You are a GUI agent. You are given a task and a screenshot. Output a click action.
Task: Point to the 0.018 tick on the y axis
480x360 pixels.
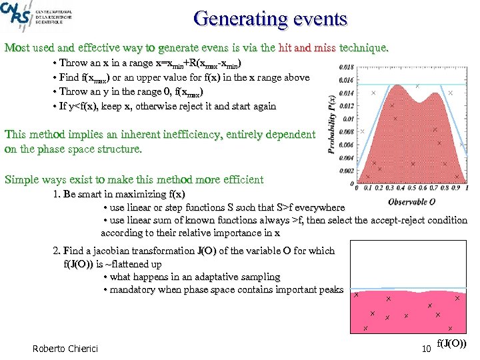(x=347, y=67)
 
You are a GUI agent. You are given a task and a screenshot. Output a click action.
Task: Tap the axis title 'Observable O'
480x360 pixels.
(x=413, y=201)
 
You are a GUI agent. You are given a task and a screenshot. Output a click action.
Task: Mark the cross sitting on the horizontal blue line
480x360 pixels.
(x=417, y=86)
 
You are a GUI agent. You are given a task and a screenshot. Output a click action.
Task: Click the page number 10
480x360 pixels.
(x=426, y=349)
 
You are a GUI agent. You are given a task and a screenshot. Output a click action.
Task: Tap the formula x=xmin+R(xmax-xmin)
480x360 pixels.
(x=198, y=63)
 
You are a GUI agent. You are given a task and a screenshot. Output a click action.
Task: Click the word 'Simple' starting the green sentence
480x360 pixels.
(x=21, y=179)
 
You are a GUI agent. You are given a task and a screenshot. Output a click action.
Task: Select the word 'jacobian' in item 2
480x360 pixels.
(x=109, y=251)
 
